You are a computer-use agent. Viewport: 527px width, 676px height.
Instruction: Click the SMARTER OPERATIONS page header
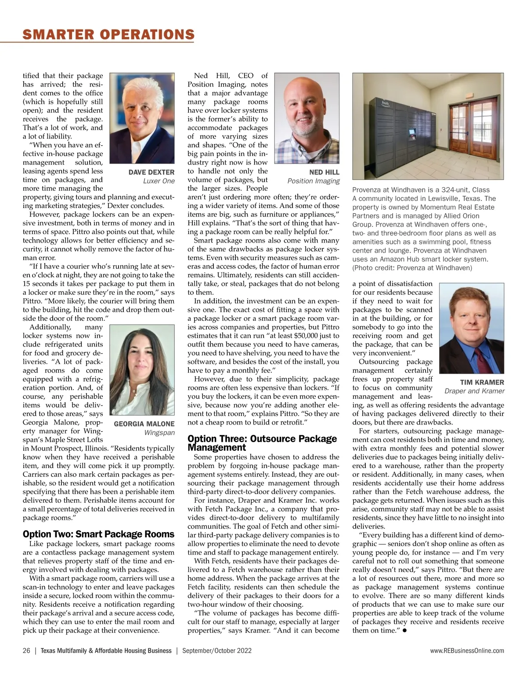[x=108, y=34]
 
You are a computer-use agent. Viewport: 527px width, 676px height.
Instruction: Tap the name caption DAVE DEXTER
[x=151, y=172]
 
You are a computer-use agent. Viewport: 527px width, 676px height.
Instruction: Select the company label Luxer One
[x=159, y=181]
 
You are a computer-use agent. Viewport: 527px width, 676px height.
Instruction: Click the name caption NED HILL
[x=324, y=172]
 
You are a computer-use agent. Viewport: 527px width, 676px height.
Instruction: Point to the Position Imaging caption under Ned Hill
[x=313, y=181]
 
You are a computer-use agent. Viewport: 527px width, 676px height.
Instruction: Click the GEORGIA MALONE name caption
[x=144, y=424]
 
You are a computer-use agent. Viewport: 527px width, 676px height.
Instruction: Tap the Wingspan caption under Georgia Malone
[x=159, y=433]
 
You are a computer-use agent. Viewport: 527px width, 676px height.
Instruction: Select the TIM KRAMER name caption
[x=482, y=383]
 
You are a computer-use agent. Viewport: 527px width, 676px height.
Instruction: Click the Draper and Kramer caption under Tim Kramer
[x=474, y=391]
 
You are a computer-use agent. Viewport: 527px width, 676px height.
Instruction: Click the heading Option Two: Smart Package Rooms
[x=98, y=534]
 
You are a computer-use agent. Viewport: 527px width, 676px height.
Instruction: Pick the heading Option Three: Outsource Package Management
[x=262, y=443]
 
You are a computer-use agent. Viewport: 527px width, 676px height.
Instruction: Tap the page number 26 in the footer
[x=26, y=651]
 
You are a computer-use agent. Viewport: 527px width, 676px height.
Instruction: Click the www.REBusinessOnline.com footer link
[x=467, y=651]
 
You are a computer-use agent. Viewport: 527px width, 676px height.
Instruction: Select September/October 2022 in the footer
[x=217, y=651]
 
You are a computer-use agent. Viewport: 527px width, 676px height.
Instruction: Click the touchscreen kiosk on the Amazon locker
[x=412, y=132]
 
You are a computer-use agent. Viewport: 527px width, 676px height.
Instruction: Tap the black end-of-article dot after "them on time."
[x=403, y=630]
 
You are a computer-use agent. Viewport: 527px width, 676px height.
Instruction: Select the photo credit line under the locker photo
[x=412, y=268]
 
